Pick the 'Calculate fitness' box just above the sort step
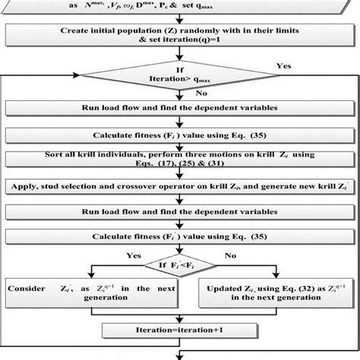pyautogui.click(x=179, y=136)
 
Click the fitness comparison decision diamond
pyautogui.click(x=179, y=265)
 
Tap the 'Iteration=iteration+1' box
pyautogui.click(x=179, y=330)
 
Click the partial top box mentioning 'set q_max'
pyautogui.click(x=179, y=6)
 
